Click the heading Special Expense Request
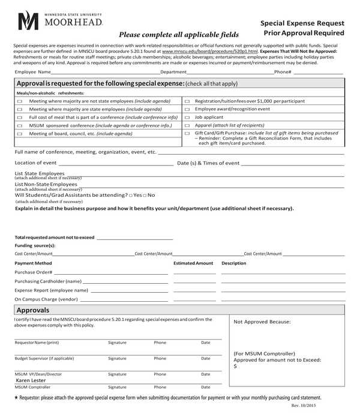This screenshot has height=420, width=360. (302, 23)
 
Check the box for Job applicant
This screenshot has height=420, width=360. (187, 118)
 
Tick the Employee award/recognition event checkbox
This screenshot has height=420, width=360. (187, 110)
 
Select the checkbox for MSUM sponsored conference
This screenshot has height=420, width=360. (19, 126)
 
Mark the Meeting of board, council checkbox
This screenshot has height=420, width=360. (19, 134)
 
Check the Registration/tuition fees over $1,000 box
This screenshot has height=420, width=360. (187, 101)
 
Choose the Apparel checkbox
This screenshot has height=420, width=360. (187, 125)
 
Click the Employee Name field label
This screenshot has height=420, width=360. (32, 72)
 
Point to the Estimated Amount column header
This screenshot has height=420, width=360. (193, 263)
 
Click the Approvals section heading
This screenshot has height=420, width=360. (33, 310)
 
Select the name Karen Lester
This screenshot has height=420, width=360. (31, 380)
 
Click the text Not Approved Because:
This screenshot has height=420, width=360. (262, 322)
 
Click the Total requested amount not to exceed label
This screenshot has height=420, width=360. (55, 238)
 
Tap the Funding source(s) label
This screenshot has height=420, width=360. (35, 245)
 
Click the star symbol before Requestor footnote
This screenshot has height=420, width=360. (16, 398)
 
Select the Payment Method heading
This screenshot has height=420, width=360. (33, 263)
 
